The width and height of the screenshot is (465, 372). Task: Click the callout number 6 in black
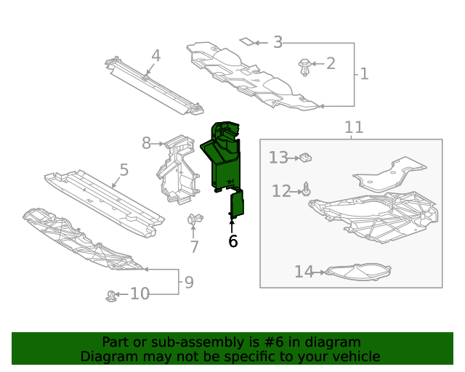[232, 241]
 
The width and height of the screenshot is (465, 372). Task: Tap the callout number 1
[364, 73]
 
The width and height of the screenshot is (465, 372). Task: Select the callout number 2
[331, 63]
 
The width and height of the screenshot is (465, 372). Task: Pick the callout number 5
[124, 170]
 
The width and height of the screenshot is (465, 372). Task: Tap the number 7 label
[194, 247]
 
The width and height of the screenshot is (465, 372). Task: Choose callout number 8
[146, 143]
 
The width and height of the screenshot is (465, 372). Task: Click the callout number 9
[189, 282]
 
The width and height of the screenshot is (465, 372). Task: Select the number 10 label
[139, 294]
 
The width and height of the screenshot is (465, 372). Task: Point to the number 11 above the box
[354, 128]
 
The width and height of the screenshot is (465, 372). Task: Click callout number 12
[281, 191]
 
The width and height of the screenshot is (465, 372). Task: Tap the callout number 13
[278, 157]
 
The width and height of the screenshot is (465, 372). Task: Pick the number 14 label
[304, 272]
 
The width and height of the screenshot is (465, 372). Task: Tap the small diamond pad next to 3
[248, 41]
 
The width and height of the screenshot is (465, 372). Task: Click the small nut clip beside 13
[307, 156]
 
